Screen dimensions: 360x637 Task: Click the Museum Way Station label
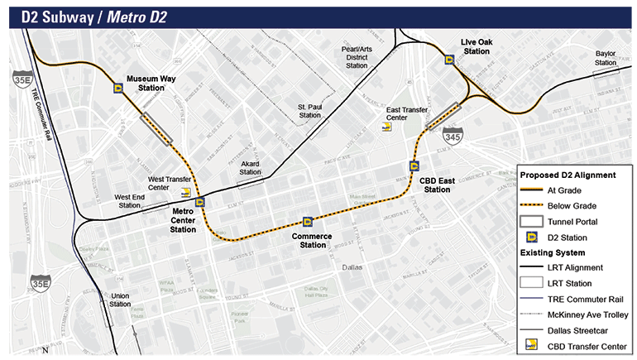[150, 83]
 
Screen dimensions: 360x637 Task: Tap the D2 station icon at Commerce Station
[308, 222]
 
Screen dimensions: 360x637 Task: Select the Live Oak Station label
[476, 46]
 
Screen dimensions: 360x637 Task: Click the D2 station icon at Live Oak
[449, 59]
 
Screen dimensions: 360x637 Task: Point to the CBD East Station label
[436, 185]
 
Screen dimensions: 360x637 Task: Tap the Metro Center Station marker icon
[199, 201]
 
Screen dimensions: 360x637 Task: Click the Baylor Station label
[606, 58]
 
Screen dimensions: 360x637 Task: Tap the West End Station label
[128, 201]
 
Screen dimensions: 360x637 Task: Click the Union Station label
[120, 300]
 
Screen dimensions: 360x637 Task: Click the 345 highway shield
[453, 135]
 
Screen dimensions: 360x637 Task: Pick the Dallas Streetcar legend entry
[577, 330]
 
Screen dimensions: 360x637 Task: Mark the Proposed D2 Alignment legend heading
[567, 175]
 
